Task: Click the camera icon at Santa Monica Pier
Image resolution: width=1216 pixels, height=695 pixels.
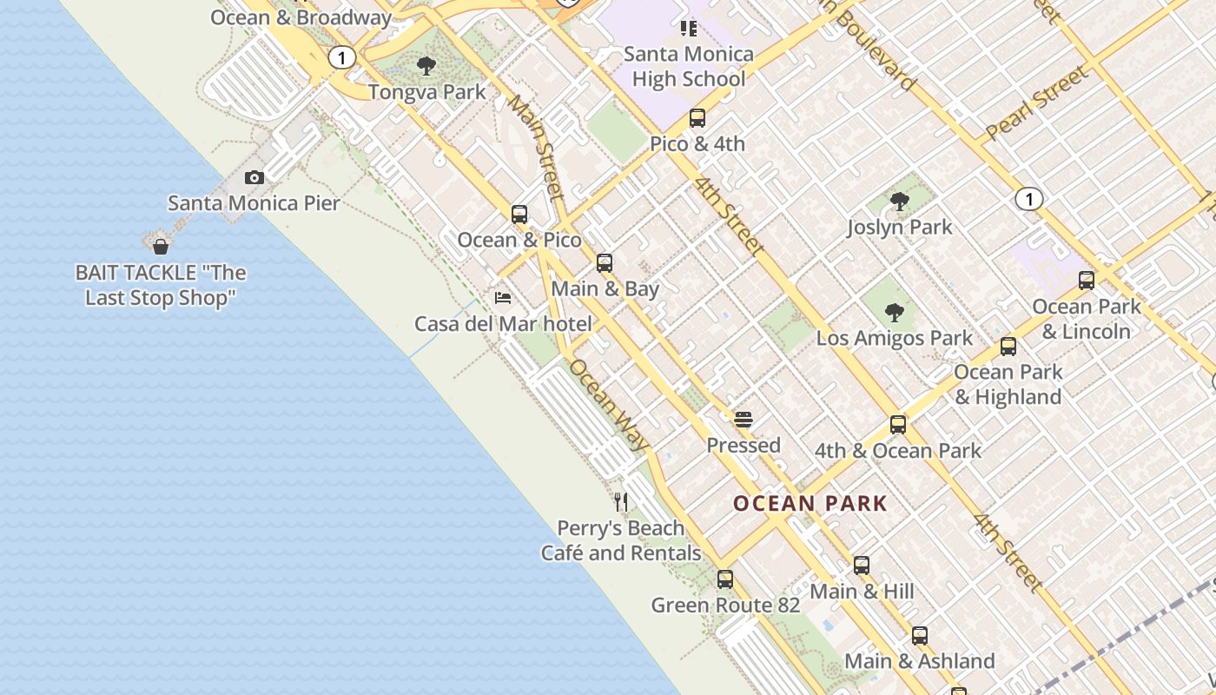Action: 254,178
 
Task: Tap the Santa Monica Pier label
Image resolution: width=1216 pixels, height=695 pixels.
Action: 254,203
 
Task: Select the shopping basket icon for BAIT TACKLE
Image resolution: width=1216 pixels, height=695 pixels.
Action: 160,247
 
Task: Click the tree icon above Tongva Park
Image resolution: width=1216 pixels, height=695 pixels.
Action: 426,65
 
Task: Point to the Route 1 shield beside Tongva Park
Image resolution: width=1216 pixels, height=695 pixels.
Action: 342,58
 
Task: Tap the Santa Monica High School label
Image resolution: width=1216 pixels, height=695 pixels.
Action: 689,66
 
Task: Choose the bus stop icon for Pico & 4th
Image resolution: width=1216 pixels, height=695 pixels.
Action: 697,118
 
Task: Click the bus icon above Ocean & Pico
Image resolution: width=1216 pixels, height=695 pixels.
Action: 519,214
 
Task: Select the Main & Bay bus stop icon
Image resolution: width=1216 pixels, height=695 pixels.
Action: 605,262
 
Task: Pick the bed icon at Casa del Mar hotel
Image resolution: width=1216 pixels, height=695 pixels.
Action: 503,298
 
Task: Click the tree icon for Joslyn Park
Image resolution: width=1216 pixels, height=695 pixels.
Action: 900,202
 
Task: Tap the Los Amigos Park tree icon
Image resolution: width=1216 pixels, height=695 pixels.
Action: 894,313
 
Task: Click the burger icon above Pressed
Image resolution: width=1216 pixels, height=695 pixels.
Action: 743,420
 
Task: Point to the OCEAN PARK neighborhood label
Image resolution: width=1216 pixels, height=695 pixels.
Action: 810,504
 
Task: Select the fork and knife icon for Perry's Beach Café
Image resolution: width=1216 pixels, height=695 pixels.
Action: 621,502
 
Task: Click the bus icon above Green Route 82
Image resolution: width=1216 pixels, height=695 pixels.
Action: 725,579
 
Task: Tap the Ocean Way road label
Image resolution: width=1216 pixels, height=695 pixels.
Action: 609,405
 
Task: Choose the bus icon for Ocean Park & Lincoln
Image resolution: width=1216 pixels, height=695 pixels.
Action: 1086,281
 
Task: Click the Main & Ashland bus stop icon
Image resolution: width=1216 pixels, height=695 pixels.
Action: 920,635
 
